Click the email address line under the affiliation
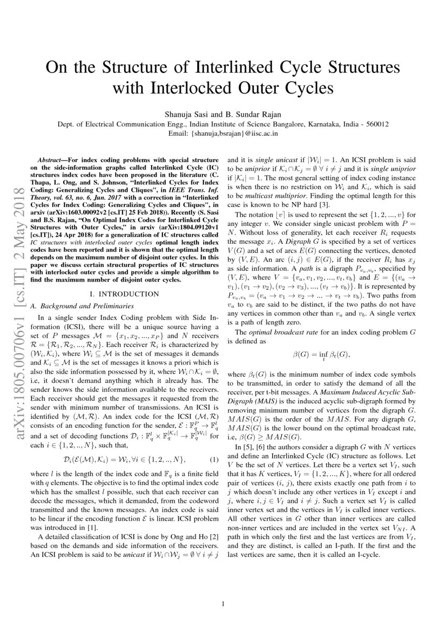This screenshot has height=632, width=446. tap(223, 132)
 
